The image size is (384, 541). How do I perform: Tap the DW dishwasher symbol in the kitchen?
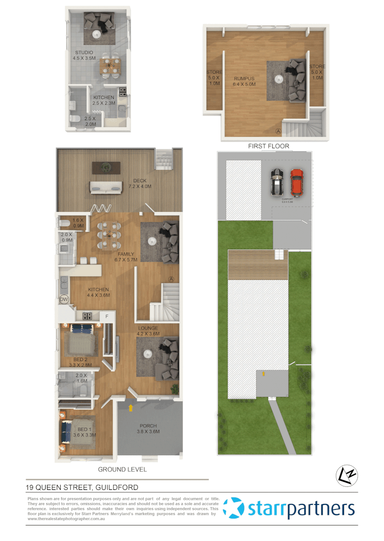64,300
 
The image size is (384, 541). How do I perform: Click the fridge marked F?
106,316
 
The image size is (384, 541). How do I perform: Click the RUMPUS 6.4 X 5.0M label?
244,81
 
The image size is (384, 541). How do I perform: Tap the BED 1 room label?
84,432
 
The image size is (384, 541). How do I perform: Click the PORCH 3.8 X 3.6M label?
149,428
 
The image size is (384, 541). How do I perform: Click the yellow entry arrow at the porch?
131,408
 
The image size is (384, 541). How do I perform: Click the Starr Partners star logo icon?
233,508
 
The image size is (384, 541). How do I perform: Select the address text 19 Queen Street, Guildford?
82,487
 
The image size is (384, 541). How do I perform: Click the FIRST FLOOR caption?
269,146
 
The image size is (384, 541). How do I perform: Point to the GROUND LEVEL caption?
122,470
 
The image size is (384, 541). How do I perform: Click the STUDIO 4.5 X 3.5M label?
84,55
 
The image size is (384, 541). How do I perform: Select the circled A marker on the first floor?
279,131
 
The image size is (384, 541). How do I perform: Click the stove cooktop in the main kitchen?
87,316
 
